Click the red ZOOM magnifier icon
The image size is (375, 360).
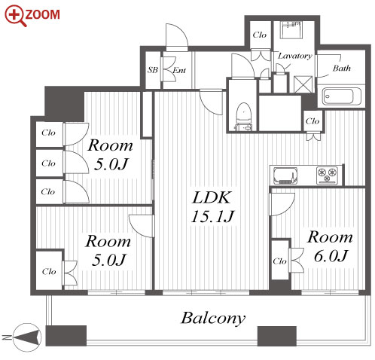point(15,16)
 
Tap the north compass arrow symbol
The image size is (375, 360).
point(27,337)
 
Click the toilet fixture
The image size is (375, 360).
point(243,116)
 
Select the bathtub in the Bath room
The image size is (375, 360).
point(342,96)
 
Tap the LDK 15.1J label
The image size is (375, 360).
point(212,207)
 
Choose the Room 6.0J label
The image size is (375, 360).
point(331,246)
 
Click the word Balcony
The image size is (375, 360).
point(213,319)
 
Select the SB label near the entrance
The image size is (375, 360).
point(153,70)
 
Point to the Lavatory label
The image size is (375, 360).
point(295,56)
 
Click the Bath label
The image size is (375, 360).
point(342,68)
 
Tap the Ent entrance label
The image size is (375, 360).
point(179,71)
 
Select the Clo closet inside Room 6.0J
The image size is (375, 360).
point(280,261)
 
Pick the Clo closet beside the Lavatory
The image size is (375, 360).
point(260,35)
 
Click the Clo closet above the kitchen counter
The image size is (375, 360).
point(312,121)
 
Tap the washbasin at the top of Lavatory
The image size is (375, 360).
point(291,30)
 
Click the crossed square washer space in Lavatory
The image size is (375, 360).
point(303,84)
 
